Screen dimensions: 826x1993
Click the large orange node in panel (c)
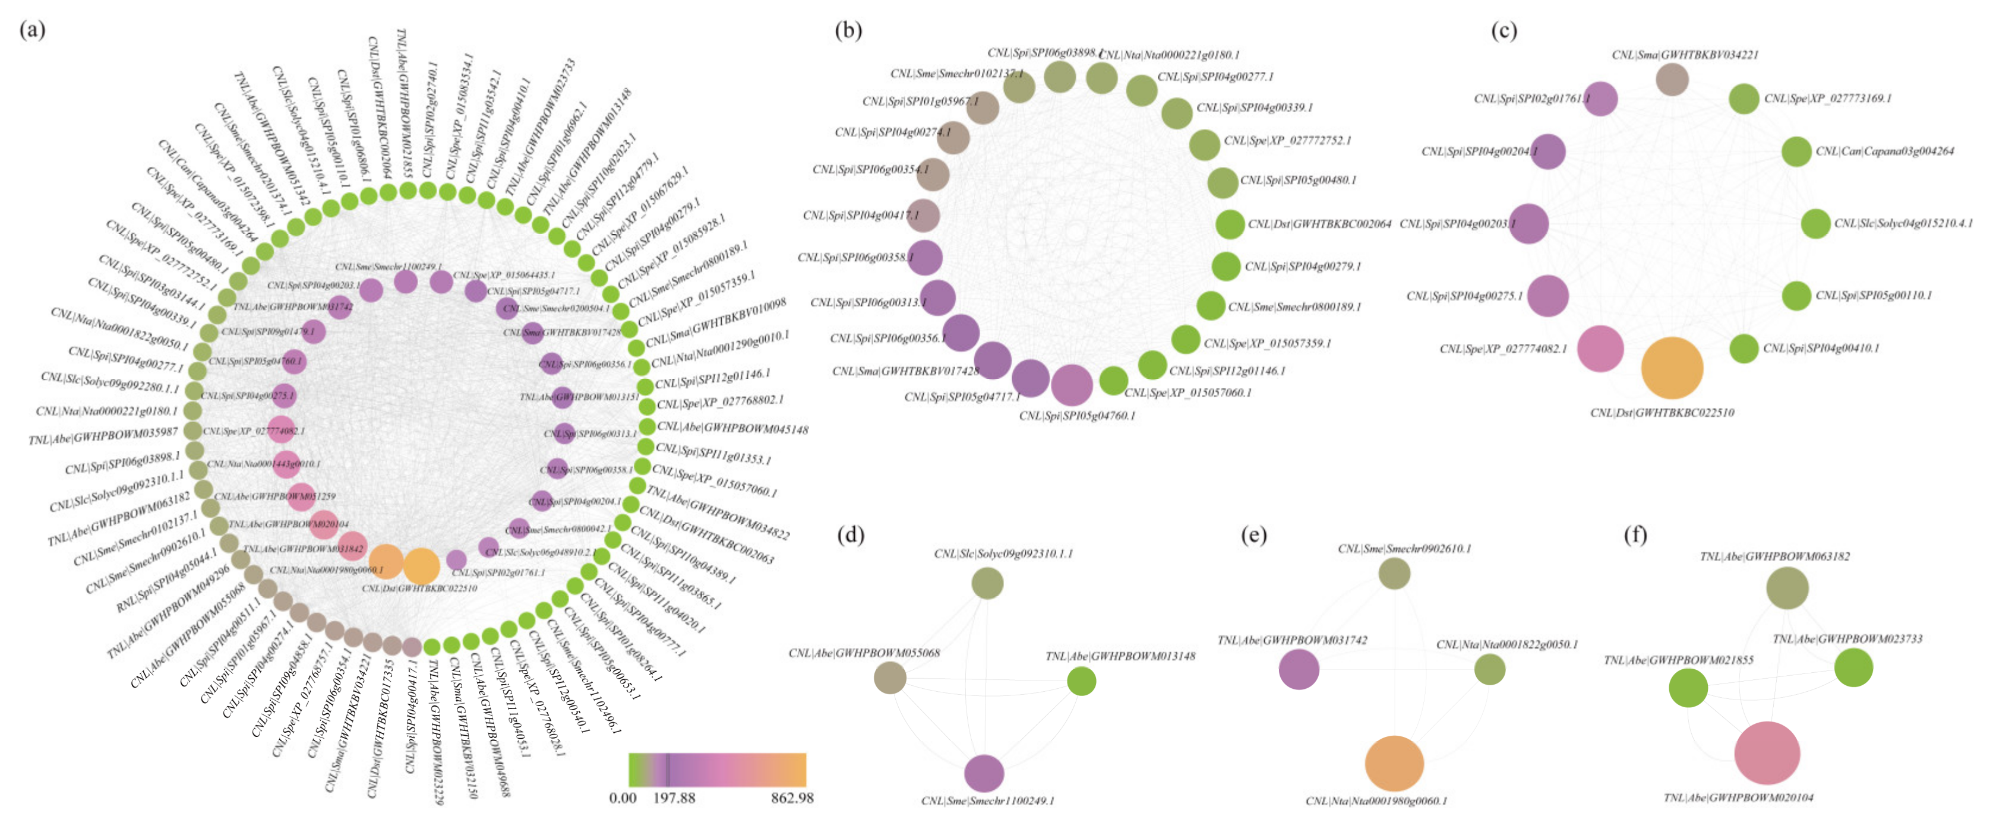[x=1672, y=368]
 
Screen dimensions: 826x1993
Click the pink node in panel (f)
[x=1767, y=752]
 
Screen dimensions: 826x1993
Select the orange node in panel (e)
[x=1394, y=764]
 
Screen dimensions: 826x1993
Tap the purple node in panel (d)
[x=984, y=773]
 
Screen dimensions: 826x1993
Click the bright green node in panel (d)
[x=1082, y=681]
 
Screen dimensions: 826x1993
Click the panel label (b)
[x=849, y=30]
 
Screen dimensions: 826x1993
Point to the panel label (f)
[x=1635, y=534]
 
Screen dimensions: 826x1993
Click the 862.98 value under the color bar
[x=791, y=798]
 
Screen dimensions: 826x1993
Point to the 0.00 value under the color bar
[x=623, y=798]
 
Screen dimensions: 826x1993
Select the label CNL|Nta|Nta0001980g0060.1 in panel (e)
[x=1376, y=800]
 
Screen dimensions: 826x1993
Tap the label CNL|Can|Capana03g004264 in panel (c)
[x=1885, y=151]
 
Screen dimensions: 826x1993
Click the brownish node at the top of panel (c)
[x=1672, y=80]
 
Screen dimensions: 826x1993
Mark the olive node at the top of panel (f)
[x=1787, y=588]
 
